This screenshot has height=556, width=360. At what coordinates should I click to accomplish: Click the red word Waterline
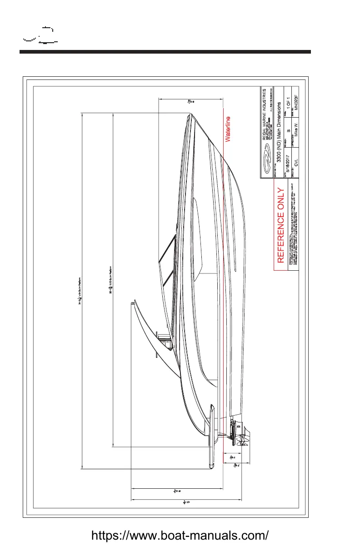(229, 129)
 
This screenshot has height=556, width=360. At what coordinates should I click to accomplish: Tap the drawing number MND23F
(296, 104)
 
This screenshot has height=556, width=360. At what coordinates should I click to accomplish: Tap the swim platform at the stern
(211, 436)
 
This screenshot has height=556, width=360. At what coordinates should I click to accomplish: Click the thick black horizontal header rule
(165, 52)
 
